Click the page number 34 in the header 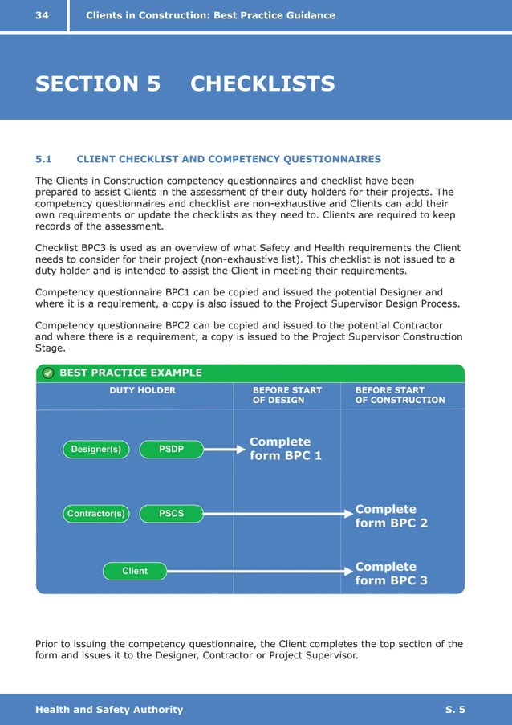point(42,15)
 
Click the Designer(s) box point(95,450)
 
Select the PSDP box point(171,450)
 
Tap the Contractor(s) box point(95,514)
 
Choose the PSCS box point(171,514)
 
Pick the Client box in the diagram point(135,571)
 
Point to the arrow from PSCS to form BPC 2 point(277,514)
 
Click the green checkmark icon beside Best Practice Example point(48,373)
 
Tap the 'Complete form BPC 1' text point(285,449)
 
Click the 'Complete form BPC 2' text point(391,516)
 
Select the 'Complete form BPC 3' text point(391,573)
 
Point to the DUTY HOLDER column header point(142,390)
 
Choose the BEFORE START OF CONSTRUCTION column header point(400,395)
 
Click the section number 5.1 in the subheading point(44,159)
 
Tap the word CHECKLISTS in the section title point(262,83)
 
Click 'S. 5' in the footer point(455,709)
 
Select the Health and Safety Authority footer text point(109,709)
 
